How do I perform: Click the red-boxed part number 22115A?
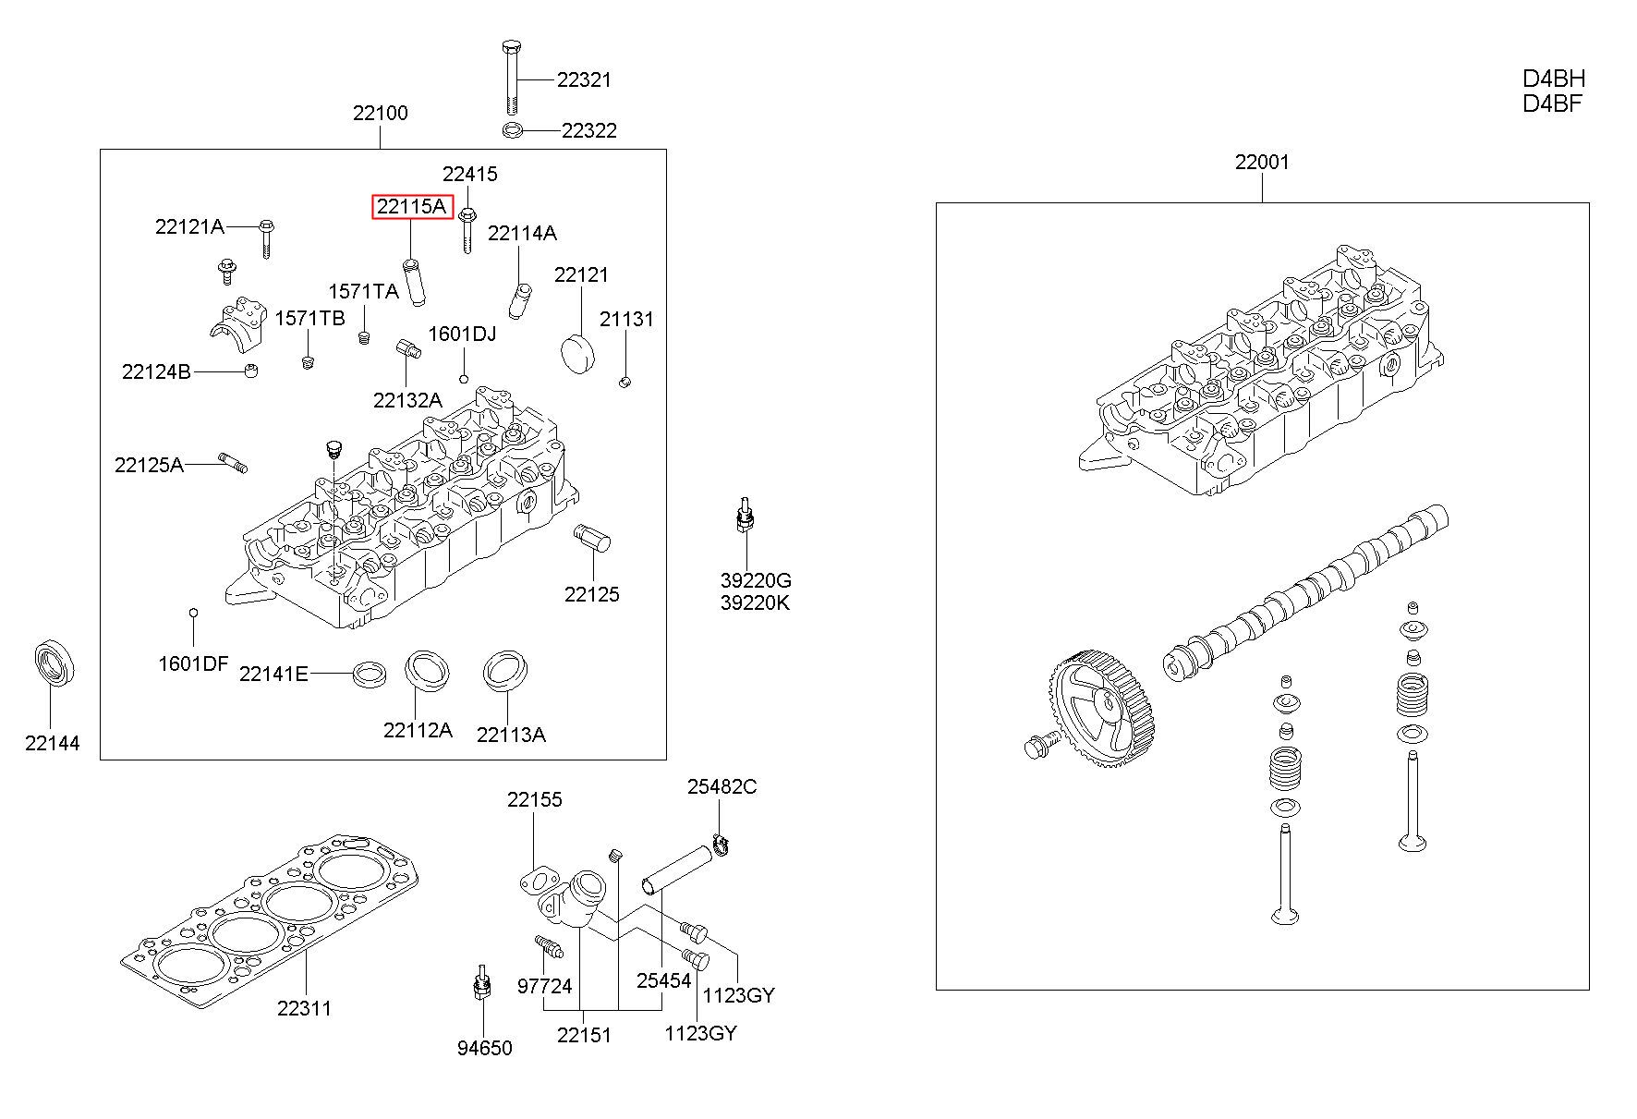(x=412, y=207)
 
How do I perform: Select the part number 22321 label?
(x=584, y=80)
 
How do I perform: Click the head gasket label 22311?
(x=304, y=1008)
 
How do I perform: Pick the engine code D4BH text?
(x=1554, y=79)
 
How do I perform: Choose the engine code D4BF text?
(x=1553, y=103)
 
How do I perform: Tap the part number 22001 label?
(x=1262, y=163)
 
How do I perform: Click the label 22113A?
(x=511, y=735)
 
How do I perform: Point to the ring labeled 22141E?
(x=370, y=673)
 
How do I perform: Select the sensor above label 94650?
(x=480, y=983)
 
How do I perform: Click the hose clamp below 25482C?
(x=723, y=843)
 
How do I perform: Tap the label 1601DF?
(x=193, y=663)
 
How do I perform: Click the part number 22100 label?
(x=380, y=114)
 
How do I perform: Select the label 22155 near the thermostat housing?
(x=534, y=800)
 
